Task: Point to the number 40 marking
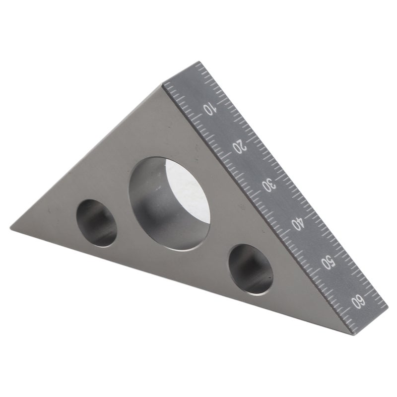pos(297,223)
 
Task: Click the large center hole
pos(169,204)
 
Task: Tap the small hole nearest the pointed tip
pos(97,223)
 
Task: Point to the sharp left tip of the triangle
pos(10,226)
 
